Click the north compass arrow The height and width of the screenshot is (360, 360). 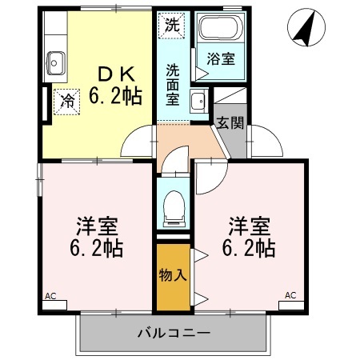pyautogui.click(x=302, y=29)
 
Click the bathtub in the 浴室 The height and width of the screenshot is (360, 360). pyautogui.click(x=218, y=30)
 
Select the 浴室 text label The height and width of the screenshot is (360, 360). pyautogui.click(x=219, y=58)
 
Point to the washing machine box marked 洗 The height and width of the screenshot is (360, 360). pyautogui.click(x=173, y=24)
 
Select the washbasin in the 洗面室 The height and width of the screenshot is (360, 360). pyautogui.click(x=199, y=101)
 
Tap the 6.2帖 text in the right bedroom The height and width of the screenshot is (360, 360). pyautogui.click(x=250, y=247)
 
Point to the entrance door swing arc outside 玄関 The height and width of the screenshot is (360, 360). pyautogui.click(x=268, y=144)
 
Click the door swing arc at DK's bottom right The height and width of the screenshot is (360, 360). pyautogui.click(x=138, y=142)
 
